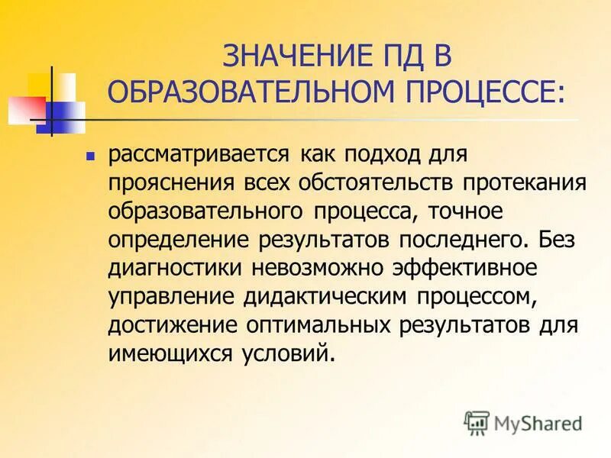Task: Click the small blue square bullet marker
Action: [x=90, y=155]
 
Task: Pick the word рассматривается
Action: [x=198, y=154]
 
